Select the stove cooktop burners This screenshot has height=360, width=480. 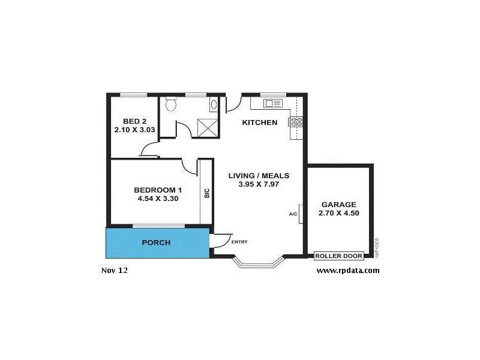(296, 122)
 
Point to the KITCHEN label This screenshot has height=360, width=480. (259, 122)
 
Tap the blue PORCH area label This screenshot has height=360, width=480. (156, 243)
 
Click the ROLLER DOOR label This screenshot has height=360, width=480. (338, 256)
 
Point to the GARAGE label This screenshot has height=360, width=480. (338, 204)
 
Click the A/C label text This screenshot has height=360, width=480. (293, 214)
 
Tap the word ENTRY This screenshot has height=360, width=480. (239, 242)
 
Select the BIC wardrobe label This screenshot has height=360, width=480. (206, 194)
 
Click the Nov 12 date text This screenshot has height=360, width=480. (115, 270)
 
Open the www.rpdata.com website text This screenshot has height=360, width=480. (347, 270)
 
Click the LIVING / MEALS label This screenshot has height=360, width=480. (259, 176)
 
